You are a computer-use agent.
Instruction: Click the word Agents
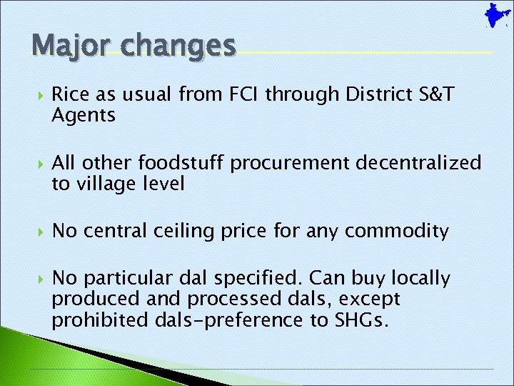click(x=84, y=115)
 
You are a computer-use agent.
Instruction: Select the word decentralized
click(x=419, y=163)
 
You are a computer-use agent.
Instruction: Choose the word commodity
click(x=398, y=231)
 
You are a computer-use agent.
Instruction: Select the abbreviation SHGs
click(x=361, y=320)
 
